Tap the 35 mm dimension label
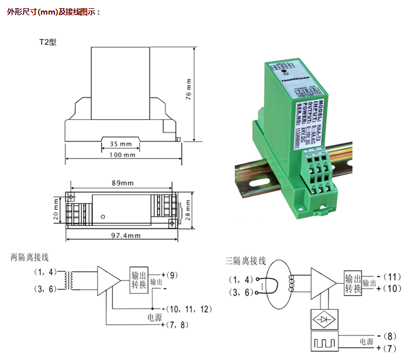122,143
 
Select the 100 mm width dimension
122,155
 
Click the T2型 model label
49,42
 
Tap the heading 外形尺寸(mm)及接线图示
54,12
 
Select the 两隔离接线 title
29,257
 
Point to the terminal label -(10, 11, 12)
188,308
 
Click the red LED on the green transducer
284,74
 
